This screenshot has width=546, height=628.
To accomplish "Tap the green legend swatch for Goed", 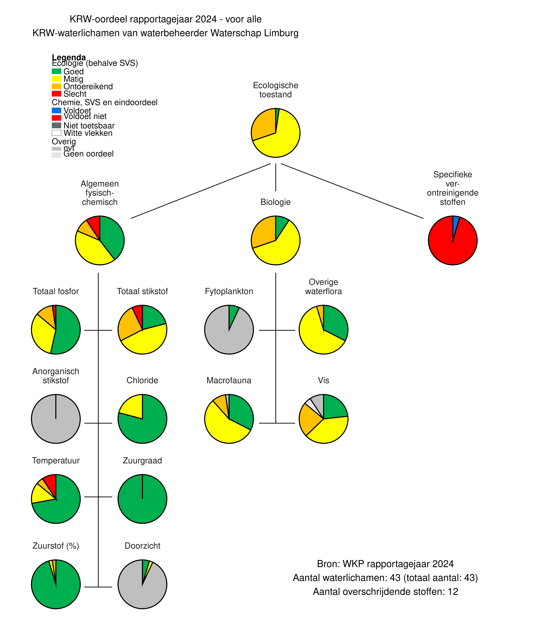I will tap(56, 71).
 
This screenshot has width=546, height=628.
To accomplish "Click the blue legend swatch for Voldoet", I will tap(56, 110).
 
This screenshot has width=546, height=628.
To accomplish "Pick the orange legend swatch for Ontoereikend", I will tap(56, 86).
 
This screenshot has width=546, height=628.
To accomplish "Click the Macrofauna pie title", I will tap(229, 380).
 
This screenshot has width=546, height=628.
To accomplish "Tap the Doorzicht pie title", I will tap(142, 546).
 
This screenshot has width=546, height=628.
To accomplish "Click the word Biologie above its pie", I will tap(275, 202).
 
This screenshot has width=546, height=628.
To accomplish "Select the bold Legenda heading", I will tap(69, 57).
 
